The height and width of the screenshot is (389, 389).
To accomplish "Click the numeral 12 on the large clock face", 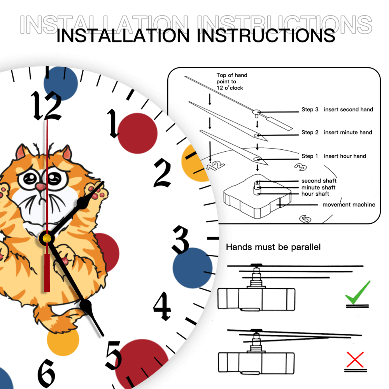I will pyautogui.click(x=46, y=106).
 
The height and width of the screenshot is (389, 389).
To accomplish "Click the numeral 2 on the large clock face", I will pyautogui.click(x=163, y=173).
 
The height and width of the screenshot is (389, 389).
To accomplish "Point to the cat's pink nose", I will pyautogui.click(x=40, y=187).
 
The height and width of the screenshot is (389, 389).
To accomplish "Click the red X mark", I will pyautogui.click(x=355, y=359).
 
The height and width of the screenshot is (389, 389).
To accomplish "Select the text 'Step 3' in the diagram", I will pyautogui.click(x=310, y=110).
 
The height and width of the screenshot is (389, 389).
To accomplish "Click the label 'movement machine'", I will pyautogui.click(x=349, y=205).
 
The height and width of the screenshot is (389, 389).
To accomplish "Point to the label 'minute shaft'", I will pyautogui.click(x=318, y=187).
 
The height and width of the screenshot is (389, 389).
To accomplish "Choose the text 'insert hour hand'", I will pyautogui.click(x=345, y=156).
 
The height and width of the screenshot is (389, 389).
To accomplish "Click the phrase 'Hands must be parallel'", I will pyautogui.click(x=273, y=247).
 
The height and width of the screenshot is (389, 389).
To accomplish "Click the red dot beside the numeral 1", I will pyautogui.click(x=137, y=133).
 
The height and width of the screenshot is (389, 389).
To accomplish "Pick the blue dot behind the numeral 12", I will pyautogui.click(x=61, y=83).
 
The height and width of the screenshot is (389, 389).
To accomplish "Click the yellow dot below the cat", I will pyautogui.click(x=63, y=340).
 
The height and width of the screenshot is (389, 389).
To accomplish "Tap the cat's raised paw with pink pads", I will pyautogui.click(x=100, y=193).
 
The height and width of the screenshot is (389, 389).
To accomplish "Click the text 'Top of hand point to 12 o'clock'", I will pyautogui.click(x=232, y=82).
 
